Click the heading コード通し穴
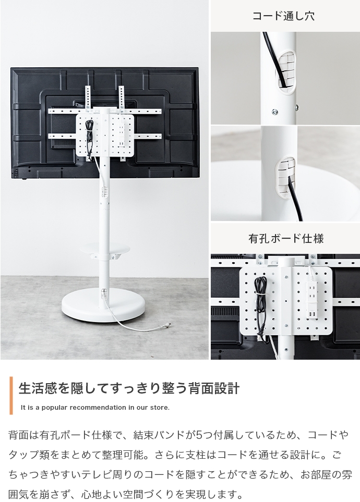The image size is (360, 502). pos(283,16)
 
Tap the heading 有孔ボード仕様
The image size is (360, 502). pos(286,238)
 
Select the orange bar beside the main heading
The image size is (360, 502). pos(11,395)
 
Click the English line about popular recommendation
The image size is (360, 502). pos(95,408)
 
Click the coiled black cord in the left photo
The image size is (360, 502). pos(90,136)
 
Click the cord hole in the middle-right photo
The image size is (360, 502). pos(284,176)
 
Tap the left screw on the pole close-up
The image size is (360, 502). pos(274,112)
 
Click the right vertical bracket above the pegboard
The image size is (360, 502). pos(121,97)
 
